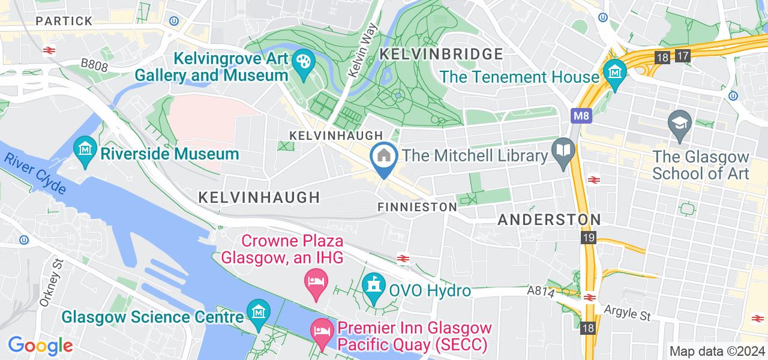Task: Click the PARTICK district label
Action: point(64,21)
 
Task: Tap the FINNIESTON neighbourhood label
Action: point(418,207)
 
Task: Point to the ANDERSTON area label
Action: point(549,220)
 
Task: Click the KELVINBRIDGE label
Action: point(442,54)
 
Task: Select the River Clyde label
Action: point(35,173)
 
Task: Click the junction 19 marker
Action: point(588,239)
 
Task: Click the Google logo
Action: point(40,346)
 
